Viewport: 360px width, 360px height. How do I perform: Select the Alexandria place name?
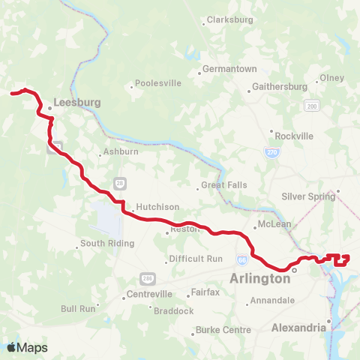click(x=298, y=328)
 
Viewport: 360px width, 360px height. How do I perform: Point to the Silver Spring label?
click(x=307, y=196)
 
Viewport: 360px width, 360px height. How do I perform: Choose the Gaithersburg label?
click(x=280, y=86)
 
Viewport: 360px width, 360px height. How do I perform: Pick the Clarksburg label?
click(x=230, y=19)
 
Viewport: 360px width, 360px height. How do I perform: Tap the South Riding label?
click(x=107, y=243)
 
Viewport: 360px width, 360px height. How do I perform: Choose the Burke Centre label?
click(x=223, y=329)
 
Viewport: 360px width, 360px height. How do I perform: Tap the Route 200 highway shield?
click(x=311, y=107)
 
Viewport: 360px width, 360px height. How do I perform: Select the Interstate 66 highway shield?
click(x=241, y=260)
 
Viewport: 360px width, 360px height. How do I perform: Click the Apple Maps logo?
click(x=27, y=347)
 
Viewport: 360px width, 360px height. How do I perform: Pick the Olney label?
click(x=331, y=78)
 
